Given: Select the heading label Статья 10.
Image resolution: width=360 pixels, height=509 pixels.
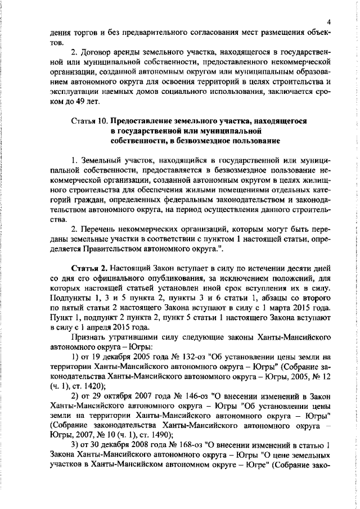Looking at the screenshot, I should tap(90, 121).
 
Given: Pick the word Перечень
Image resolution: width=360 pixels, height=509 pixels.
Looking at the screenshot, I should tap(100, 229).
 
